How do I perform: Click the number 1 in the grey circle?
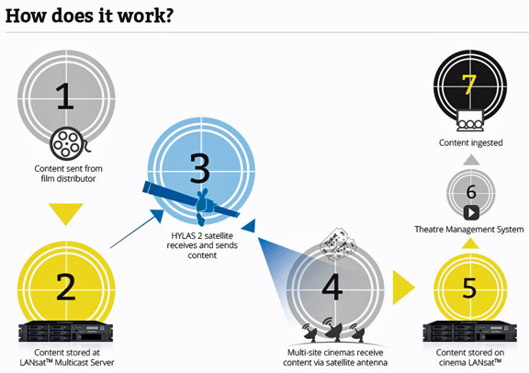65,96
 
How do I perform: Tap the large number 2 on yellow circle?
66,287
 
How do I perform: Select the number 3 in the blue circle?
200,168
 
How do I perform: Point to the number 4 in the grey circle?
332,287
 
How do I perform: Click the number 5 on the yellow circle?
469,288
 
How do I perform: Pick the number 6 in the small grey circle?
471,192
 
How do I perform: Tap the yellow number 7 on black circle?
469,84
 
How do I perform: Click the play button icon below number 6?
471,213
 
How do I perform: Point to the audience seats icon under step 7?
470,121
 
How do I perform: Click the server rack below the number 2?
66,332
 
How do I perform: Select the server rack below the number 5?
470,332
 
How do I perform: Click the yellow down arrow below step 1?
66,214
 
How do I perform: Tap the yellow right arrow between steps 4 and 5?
403,288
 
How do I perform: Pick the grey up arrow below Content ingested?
471,160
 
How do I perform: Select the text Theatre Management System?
469,230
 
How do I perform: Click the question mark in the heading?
167,16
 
